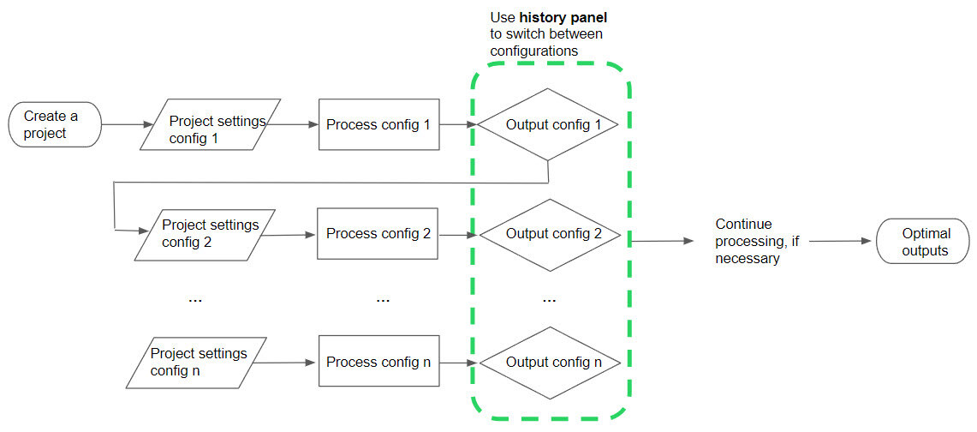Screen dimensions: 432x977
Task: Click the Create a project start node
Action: (55, 125)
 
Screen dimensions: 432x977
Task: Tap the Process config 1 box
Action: (378, 125)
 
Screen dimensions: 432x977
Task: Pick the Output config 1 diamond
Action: (548, 124)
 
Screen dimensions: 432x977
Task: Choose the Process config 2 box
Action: (378, 233)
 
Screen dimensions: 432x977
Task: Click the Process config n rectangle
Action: (378, 363)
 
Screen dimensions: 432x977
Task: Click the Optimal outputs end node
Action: (924, 242)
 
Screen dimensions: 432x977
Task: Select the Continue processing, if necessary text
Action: (757, 241)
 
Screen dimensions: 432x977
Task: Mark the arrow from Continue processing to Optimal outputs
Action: (839, 241)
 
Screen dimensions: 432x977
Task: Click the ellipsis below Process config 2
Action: (383, 300)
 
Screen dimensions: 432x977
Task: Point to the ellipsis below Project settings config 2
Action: (194, 300)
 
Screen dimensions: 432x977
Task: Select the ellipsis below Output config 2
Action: (550, 300)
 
